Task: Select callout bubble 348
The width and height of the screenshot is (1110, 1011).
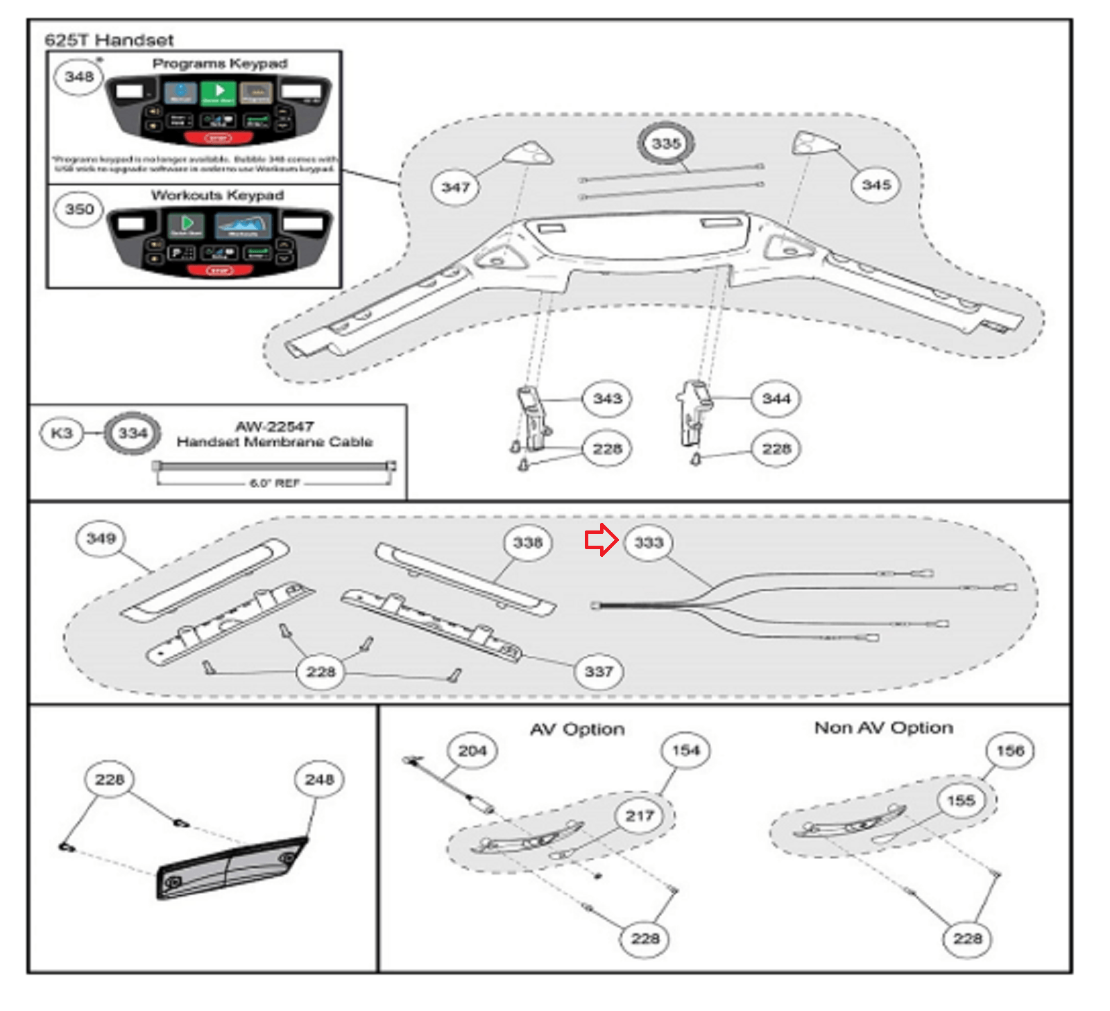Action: coord(79,76)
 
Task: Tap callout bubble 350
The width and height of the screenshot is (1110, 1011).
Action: coord(79,209)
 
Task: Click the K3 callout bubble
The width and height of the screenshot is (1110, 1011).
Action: coord(62,433)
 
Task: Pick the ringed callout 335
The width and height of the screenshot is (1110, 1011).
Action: coord(666,144)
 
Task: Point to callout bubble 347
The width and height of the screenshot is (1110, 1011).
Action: coord(456,187)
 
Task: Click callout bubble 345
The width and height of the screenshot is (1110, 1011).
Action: coord(876,184)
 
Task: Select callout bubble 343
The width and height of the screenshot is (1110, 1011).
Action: coord(607,398)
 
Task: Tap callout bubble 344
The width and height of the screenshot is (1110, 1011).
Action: coord(776,398)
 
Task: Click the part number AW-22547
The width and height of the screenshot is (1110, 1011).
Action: coord(275,426)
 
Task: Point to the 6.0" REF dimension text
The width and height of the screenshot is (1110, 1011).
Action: coord(275,483)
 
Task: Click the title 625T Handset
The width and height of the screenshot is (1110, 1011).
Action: coord(109,40)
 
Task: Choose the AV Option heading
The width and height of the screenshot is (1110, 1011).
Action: coord(577,729)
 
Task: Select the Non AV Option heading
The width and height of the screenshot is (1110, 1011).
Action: coord(883,727)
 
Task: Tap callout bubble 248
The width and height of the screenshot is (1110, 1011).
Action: coord(319,779)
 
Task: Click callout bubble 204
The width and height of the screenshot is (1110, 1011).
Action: coord(472,750)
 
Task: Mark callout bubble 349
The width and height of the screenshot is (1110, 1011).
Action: coord(101,538)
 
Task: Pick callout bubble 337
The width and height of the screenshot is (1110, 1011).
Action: coord(599,671)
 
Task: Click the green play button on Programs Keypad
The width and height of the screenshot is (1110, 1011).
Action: coord(219,92)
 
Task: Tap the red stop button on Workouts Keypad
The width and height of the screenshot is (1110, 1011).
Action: coord(220,270)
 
